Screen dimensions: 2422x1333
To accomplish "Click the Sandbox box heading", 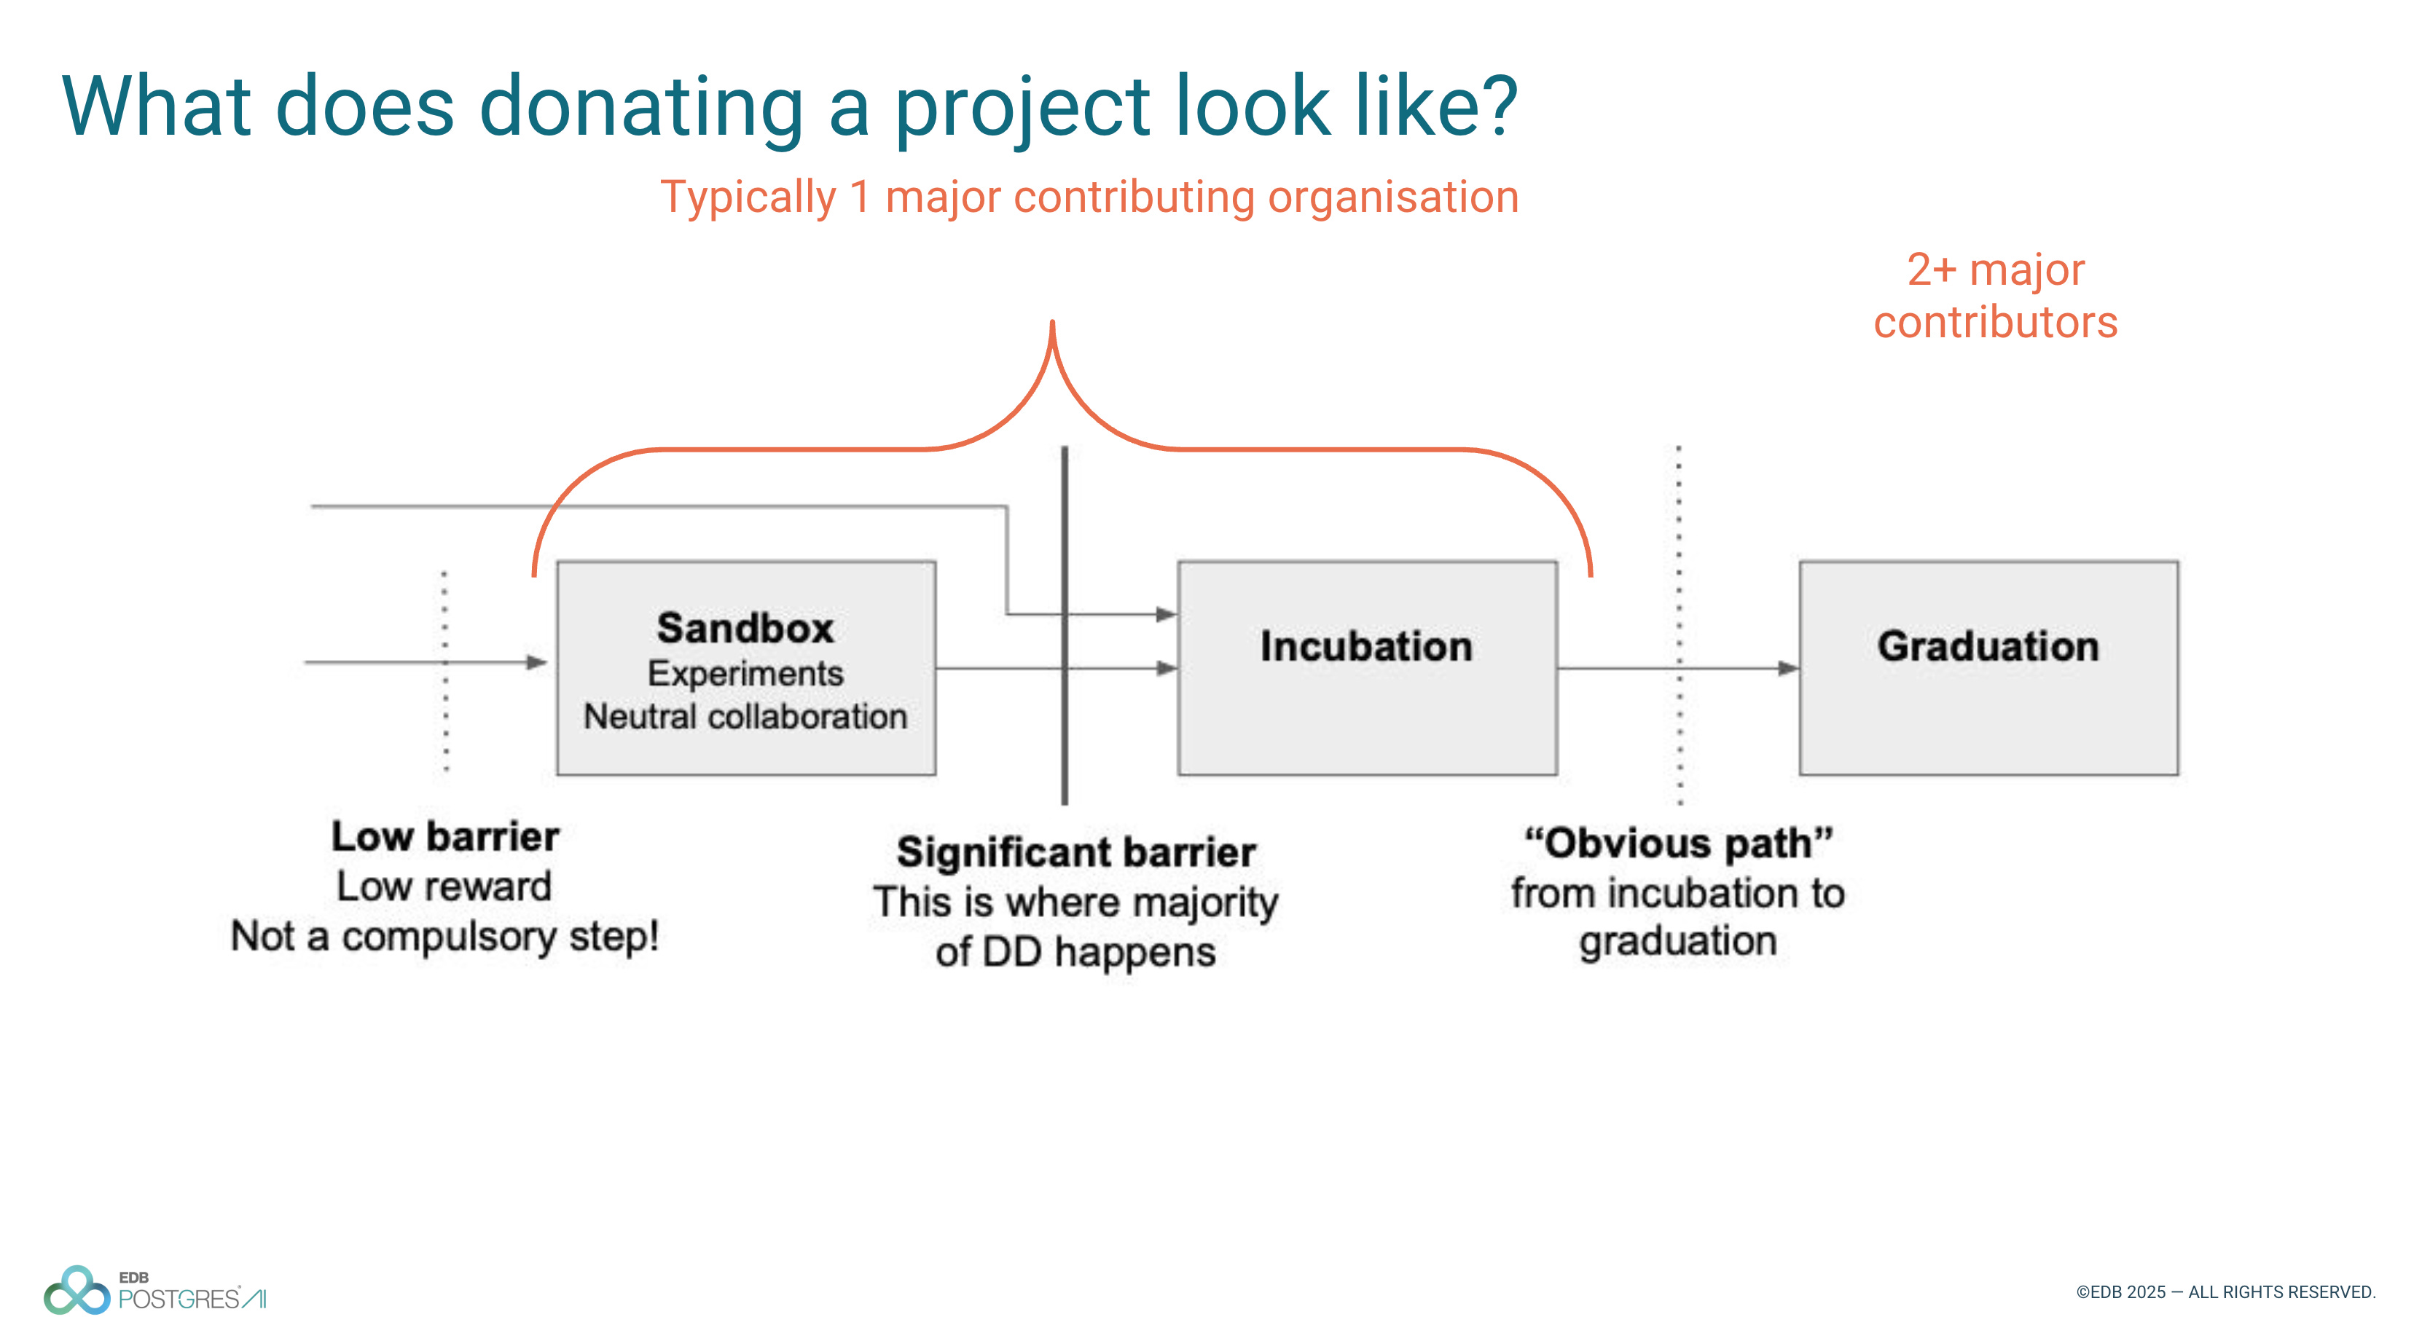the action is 745,628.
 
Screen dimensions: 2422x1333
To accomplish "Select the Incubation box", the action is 1367,667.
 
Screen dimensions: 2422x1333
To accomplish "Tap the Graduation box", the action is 1988,667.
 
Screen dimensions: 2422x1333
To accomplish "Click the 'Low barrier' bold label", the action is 444,835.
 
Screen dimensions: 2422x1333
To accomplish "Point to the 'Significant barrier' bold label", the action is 1075,852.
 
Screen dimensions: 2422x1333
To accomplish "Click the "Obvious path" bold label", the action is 1678,842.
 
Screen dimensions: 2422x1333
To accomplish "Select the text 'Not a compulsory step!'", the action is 444,936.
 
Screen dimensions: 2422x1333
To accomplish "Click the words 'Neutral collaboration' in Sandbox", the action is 745,716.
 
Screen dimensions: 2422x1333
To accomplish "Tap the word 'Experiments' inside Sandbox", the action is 745,673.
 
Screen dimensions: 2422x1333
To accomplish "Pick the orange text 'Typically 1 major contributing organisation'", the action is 1089,197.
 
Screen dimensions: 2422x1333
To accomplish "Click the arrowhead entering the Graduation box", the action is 1787,669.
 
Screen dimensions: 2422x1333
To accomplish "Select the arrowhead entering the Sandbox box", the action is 537,662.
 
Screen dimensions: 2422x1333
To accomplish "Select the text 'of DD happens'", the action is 1075,952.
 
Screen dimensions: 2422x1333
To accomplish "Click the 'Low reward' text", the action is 444,886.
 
